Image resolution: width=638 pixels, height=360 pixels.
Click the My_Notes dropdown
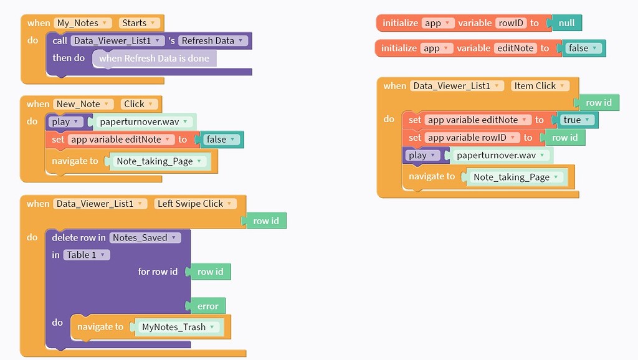pyautogui.click(x=83, y=23)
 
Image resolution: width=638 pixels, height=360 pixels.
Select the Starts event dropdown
pyautogui.click(x=139, y=23)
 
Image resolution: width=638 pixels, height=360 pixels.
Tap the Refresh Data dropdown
pyautogui.click(x=213, y=40)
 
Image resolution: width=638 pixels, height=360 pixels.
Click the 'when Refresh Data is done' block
pyautogui.click(x=154, y=59)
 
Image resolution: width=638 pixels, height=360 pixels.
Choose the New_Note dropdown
pyautogui.click(x=83, y=104)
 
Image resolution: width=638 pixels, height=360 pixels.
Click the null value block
pyautogui.click(x=566, y=23)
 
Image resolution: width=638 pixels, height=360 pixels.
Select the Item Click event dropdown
pyautogui.click(x=539, y=86)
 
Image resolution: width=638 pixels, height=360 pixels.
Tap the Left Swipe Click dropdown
pyautogui.click(x=195, y=204)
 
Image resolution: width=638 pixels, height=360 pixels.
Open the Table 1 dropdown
pyautogui.click(x=86, y=255)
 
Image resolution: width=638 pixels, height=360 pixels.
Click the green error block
pyautogui.click(x=207, y=306)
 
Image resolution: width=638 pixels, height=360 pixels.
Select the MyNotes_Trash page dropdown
pyautogui.click(x=178, y=327)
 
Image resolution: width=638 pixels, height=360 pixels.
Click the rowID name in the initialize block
pyautogui.click(x=510, y=23)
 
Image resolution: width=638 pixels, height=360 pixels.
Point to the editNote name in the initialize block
pyautogui.click(x=514, y=48)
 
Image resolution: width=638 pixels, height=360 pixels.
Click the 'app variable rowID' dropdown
pyautogui.click(x=472, y=138)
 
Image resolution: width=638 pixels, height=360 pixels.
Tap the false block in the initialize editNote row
pyautogui.click(x=582, y=48)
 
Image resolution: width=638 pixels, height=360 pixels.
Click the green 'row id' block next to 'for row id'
pyautogui.click(x=210, y=272)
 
